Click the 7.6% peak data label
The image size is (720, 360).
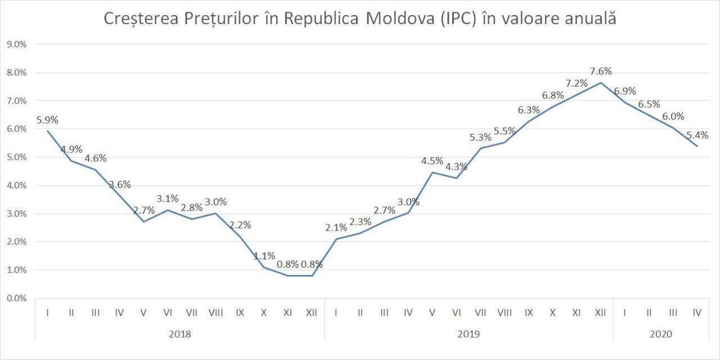601,71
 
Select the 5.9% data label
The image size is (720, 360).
47,120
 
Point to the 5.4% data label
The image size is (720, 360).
697,135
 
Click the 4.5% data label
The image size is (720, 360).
432,161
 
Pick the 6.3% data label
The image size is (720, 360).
529,110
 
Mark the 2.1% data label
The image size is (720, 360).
336,228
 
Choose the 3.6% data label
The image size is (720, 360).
119,184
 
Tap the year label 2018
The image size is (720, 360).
180,334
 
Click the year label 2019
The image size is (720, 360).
469,334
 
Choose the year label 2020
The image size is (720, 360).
661,334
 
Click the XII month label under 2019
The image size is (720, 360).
600,313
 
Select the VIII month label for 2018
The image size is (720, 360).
215,313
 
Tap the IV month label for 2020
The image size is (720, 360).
697,313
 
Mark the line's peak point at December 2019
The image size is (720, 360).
601,83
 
